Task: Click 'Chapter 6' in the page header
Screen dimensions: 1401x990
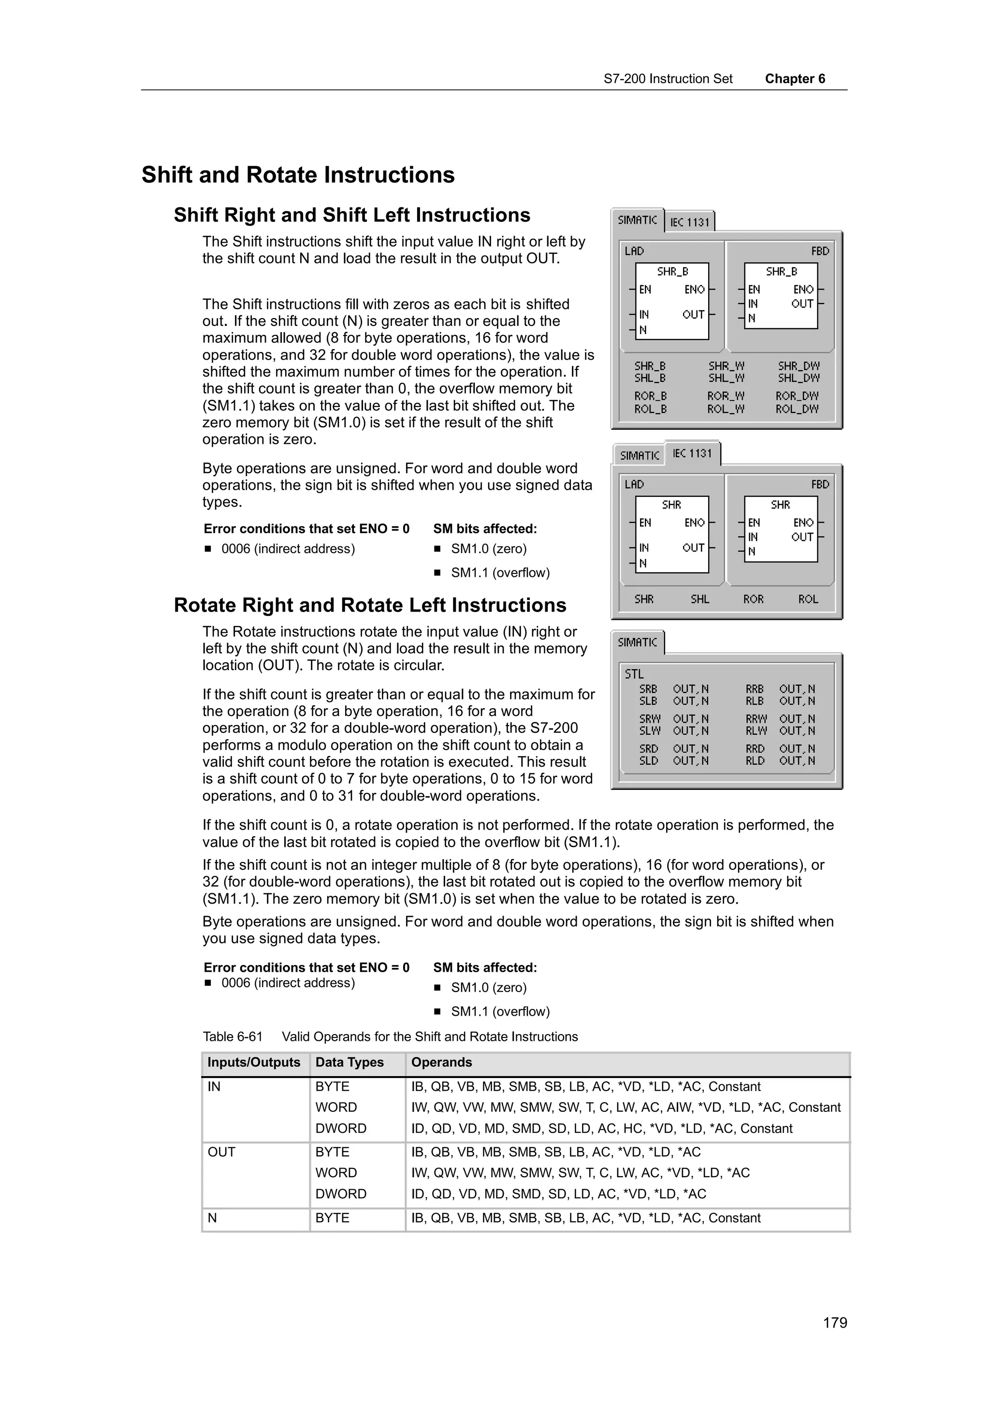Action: point(795,79)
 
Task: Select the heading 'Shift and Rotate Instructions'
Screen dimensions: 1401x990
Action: point(298,175)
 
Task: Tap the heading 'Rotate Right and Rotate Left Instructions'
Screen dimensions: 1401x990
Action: point(370,605)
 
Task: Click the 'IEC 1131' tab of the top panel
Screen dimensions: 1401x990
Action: point(690,222)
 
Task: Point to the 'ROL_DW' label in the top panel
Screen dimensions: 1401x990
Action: point(797,409)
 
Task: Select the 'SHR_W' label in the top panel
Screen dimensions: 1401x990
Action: point(726,366)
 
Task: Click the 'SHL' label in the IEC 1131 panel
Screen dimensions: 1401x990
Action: point(699,599)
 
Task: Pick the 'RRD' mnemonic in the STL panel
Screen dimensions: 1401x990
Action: point(755,749)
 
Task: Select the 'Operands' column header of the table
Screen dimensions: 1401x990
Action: point(442,1062)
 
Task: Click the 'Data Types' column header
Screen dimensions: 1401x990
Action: point(349,1062)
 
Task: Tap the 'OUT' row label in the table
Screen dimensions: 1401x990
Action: point(221,1152)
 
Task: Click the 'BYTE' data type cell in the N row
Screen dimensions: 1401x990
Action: point(333,1218)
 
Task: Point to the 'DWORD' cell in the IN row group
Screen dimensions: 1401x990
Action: point(341,1128)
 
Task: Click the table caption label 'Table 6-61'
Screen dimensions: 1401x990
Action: point(233,1036)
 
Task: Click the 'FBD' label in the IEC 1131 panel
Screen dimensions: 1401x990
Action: point(820,484)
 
